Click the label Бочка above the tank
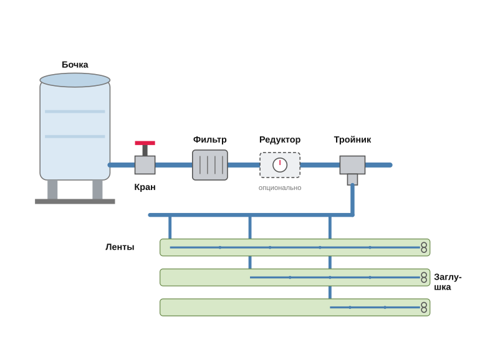(x=75, y=65)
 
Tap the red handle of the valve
(x=145, y=143)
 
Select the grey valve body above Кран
(x=145, y=165)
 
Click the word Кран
(x=145, y=187)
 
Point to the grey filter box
(x=210, y=165)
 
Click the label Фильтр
(x=210, y=140)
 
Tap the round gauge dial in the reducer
(x=280, y=165)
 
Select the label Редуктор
(x=280, y=140)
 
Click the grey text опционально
(x=280, y=188)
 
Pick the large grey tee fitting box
(x=352, y=165)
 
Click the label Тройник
(x=352, y=140)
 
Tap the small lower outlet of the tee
(x=352, y=179)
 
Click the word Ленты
(x=120, y=247)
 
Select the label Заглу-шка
(x=448, y=282)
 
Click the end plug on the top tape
(x=424, y=247)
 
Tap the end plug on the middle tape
(x=424, y=277)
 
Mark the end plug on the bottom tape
(x=424, y=308)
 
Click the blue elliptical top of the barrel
(x=75, y=80)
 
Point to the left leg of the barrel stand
(x=52, y=189)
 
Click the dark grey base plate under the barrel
(x=75, y=201)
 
